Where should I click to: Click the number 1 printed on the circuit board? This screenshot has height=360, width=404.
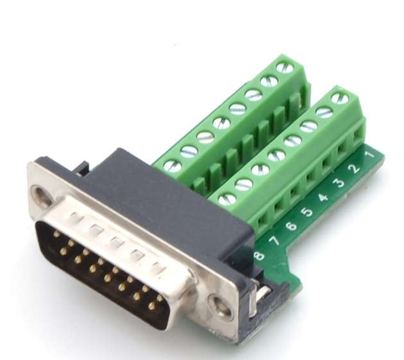[369, 155]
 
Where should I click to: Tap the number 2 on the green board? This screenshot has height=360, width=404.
[355, 169]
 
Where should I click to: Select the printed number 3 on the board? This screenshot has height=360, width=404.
[340, 183]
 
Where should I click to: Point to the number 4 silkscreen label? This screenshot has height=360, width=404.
[323, 198]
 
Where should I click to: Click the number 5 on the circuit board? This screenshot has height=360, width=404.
[307, 212]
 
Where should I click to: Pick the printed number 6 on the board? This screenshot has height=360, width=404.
[291, 226]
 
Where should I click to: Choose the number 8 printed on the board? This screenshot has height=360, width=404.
[259, 256]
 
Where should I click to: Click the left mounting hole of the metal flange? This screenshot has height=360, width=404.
[42, 192]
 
